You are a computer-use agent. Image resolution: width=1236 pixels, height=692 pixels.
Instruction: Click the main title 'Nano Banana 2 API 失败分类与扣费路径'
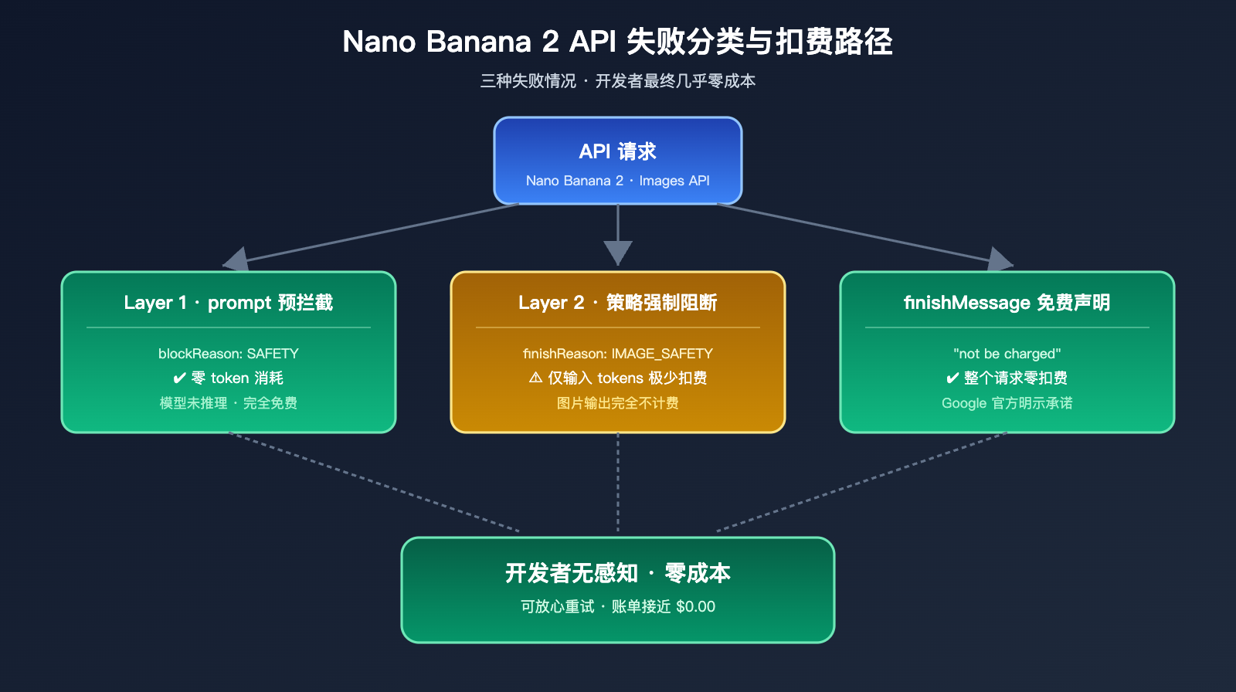617,42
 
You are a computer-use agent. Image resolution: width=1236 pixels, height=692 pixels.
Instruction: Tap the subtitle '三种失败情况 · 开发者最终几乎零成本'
617,81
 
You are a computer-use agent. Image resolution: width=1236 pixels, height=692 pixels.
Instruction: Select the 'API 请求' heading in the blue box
617,151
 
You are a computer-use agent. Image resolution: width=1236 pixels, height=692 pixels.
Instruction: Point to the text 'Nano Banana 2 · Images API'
617,181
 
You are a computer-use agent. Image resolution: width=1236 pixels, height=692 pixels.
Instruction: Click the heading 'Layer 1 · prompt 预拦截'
229,303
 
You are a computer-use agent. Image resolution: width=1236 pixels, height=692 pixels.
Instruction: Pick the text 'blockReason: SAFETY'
229,354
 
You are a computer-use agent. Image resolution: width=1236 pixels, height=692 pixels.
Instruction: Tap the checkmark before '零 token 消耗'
179,378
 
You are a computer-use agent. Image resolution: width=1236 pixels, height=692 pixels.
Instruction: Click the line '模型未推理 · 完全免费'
229,403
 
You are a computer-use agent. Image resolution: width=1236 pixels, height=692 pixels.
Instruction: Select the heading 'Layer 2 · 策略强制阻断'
617,303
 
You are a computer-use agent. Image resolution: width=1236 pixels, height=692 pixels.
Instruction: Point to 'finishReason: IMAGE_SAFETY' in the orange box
617,354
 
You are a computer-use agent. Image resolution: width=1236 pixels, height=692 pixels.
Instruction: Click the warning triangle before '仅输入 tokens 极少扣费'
535,378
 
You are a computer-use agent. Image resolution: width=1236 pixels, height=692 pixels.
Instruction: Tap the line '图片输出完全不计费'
617,403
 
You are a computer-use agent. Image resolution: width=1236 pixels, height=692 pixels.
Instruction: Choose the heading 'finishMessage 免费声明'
1007,303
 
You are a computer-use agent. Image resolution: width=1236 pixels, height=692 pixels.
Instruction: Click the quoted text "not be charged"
1007,354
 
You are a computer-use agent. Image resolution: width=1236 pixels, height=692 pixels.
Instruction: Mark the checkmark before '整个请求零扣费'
952,378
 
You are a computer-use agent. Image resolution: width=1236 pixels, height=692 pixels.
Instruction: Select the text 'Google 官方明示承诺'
1007,403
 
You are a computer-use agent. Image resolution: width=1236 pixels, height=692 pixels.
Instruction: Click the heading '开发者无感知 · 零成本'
617,573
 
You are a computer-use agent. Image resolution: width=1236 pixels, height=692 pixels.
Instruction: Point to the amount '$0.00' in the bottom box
695,607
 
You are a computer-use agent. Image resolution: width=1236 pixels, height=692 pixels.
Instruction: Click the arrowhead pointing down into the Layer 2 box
617,253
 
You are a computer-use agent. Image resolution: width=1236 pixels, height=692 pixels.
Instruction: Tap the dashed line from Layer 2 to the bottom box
617,483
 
